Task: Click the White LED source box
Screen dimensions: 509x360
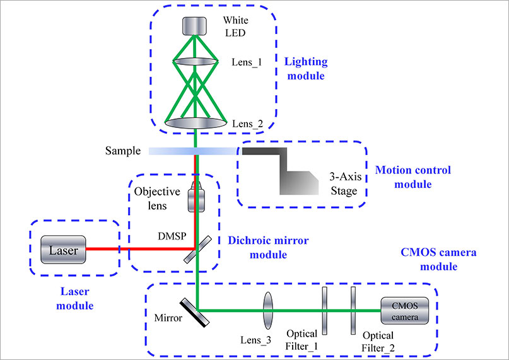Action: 194,26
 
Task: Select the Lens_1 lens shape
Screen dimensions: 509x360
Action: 195,61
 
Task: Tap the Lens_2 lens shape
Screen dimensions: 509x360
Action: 196,123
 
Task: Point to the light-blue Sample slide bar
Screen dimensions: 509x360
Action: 194,151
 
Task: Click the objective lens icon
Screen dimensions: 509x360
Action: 196,197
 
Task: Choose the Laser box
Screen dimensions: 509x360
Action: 63,250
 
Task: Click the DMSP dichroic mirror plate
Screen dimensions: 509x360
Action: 197,250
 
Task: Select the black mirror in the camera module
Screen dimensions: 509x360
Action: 195,312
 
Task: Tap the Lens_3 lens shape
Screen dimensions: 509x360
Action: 268,311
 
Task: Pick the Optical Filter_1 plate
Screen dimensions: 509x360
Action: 324,311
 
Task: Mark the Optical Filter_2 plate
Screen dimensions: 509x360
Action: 353,311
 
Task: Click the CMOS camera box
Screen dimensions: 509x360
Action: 404,311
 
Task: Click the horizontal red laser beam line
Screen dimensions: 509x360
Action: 141,249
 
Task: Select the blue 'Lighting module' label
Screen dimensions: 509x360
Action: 306,69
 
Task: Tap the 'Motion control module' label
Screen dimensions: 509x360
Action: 413,177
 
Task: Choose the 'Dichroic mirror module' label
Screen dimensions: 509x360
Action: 268,247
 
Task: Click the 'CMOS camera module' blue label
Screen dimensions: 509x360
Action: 438,259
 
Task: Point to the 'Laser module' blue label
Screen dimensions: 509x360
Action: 75,298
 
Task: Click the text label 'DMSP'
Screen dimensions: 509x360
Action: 172,236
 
